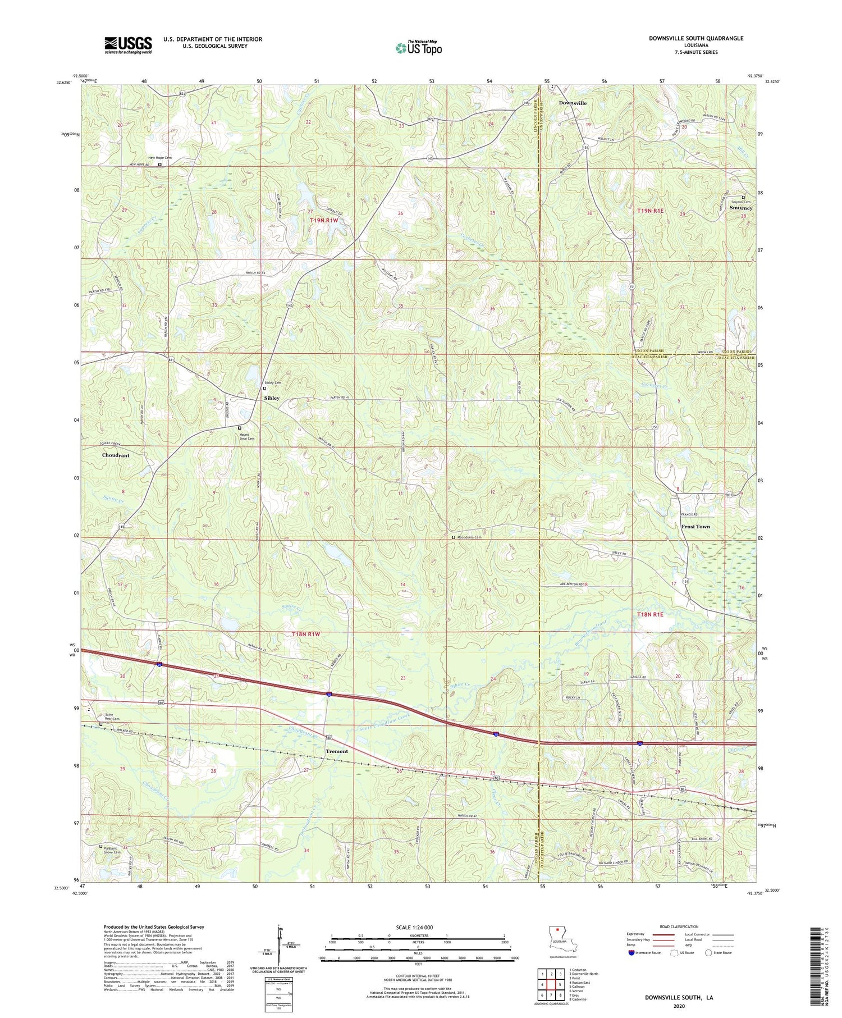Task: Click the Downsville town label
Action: (x=572, y=103)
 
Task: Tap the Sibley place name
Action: (x=272, y=398)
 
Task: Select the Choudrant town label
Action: (x=116, y=455)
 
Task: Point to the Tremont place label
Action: (x=337, y=751)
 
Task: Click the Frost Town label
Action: (x=695, y=527)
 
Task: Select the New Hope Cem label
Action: (x=159, y=158)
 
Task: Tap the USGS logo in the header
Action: (x=128, y=45)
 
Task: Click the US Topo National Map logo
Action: (x=419, y=48)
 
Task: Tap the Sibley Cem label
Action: (x=273, y=382)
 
